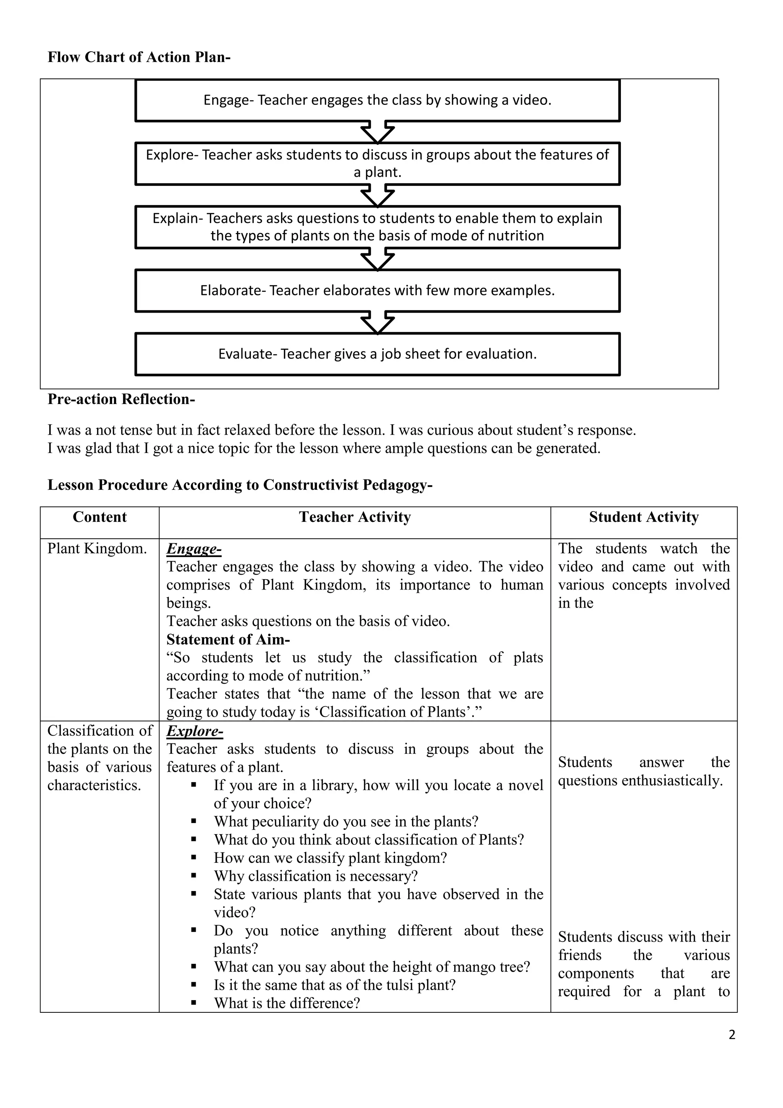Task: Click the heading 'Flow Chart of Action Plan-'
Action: point(139,57)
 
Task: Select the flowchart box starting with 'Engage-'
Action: point(377,100)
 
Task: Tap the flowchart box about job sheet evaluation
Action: point(377,354)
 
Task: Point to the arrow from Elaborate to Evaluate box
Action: point(377,323)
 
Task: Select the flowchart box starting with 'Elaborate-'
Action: point(377,290)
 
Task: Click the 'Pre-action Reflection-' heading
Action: point(121,399)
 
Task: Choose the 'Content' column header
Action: point(99,517)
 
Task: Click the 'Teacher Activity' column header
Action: point(354,517)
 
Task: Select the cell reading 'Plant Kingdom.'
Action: point(97,549)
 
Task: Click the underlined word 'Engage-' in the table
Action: point(194,549)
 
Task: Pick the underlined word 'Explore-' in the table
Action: point(195,731)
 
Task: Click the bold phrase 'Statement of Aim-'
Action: point(228,640)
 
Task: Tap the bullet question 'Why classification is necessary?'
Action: point(315,876)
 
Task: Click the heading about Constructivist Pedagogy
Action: point(240,485)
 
